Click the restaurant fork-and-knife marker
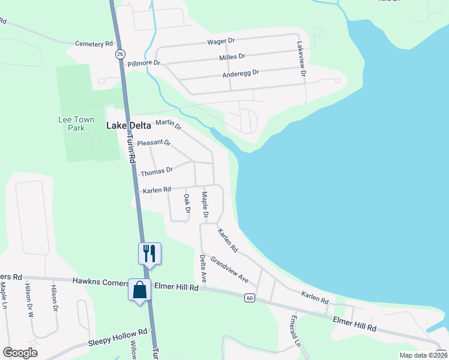[149, 253]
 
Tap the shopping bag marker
[139, 290]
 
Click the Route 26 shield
[120, 54]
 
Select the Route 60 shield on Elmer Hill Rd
[250, 298]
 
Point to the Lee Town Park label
[76, 124]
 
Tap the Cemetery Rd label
[94, 44]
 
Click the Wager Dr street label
[220, 41]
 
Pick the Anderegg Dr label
[240, 73]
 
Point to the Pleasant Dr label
[154, 143]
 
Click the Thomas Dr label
[157, 171]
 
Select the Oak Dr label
[187, 203]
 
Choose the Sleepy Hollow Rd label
[118, 341]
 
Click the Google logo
[20, 353]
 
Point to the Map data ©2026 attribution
[423, 355]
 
